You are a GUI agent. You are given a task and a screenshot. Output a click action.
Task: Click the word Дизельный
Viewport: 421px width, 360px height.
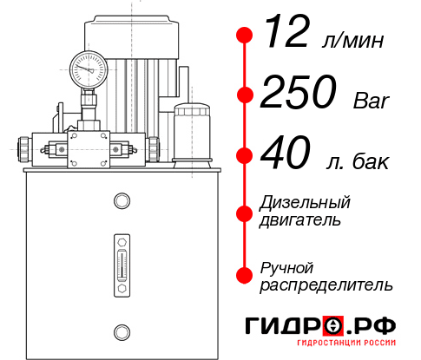[305, 202]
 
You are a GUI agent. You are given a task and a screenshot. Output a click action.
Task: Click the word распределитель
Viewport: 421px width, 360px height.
[326, 285]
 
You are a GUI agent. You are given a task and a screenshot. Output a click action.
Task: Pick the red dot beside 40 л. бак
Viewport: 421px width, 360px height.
[245, 156]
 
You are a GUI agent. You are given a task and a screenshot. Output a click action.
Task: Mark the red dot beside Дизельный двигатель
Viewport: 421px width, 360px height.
[245, 211]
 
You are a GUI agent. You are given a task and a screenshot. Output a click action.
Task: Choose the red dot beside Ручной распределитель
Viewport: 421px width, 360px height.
[245, 275]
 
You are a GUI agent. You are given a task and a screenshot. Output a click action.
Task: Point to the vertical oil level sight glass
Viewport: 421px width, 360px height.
[121, 261]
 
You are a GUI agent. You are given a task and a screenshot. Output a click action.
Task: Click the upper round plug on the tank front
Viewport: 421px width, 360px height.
[121, 202]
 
